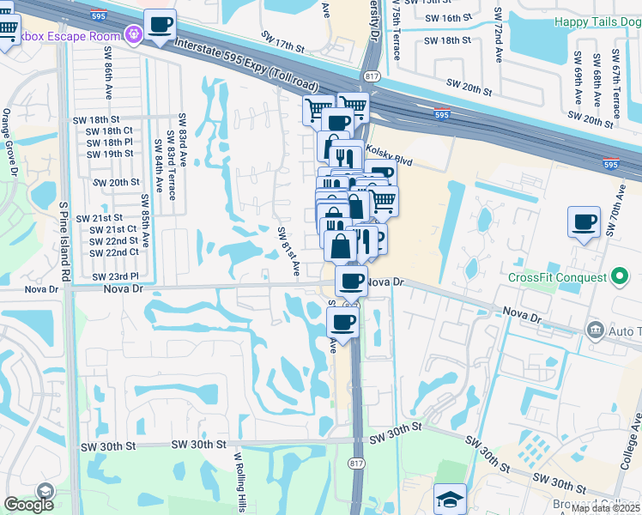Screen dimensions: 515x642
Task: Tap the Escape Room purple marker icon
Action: click(133, 35)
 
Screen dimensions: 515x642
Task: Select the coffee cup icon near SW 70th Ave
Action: click(584, 222)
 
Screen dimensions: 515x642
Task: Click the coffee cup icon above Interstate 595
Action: click(159, 25)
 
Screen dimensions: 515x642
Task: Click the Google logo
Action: click(28, 506)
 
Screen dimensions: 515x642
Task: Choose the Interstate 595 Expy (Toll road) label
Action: click(245, 66)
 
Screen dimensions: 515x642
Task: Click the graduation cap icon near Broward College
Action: click(450, 499)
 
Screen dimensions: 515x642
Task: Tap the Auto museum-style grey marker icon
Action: click(593, 330)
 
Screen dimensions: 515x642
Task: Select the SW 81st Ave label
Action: click(288, 251)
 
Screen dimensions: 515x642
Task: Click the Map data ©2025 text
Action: click(606, 508)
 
